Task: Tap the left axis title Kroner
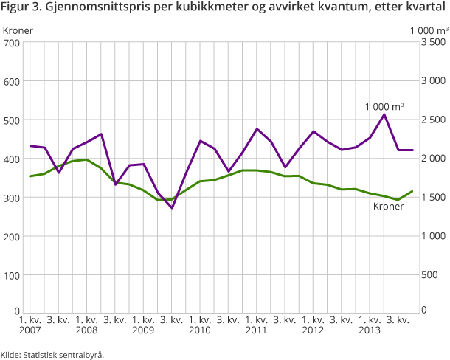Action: coord(18,30)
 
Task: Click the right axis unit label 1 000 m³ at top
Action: coord(429,30)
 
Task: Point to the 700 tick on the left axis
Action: coord(11,43)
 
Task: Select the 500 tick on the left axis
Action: coord(11,120)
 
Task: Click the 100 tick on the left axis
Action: coord(11,275)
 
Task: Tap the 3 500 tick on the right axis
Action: coord(432,43)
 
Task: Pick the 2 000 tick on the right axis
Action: coord(432,159)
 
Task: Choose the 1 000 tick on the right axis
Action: coord(432,236)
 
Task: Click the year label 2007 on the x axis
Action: coord(30,330)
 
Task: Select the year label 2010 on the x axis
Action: coord(199,330)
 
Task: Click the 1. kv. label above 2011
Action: coord(257,320)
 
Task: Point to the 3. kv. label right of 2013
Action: coord(398,320)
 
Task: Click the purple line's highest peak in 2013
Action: coord(384,114)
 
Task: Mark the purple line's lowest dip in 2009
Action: coord(172,208)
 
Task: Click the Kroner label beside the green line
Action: coord(388,207)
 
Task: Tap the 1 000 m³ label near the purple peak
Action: coord(384,107)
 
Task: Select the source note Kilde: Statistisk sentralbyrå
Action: coord(52,354)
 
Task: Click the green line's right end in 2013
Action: coord(412,191)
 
